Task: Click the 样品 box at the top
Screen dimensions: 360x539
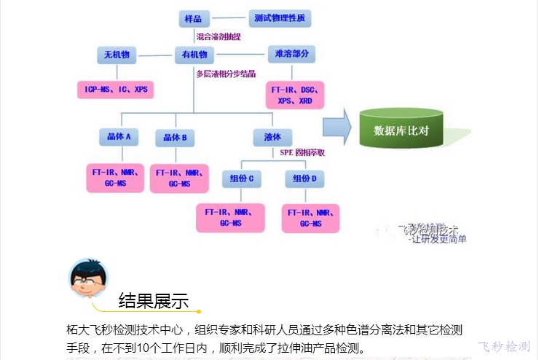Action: point(194,17)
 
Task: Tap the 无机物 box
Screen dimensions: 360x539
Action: point(117,55)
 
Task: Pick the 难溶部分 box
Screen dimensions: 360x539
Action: point(291,55)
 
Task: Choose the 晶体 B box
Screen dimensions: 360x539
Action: point(176,137)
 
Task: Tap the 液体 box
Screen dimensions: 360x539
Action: point(273,136)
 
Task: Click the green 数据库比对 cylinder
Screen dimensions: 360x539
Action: point(401,130)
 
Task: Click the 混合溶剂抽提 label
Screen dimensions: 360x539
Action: point(219,36)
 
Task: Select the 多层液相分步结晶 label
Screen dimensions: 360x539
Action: point(225,74)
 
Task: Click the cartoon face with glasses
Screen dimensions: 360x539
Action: point(87,277)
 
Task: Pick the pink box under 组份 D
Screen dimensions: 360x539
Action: point(310,218)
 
